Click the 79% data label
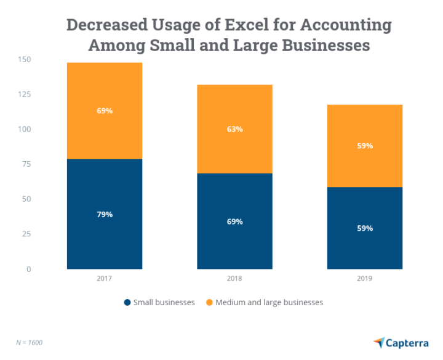coord(104,214)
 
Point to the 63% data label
coord(234,129)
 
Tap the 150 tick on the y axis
coord(25,60)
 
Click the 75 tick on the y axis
coord(27,164)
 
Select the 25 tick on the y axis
coord(27,234)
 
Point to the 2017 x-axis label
coord(104,278)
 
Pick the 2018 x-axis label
coord(234,278)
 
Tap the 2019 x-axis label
coord(365,278)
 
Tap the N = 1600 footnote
coord(29,342)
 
